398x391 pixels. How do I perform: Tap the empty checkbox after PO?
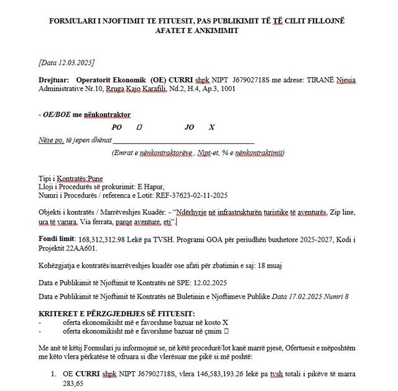click(139, 126)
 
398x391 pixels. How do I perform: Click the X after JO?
click(212, 126)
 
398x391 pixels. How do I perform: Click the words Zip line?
click(340, 212)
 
